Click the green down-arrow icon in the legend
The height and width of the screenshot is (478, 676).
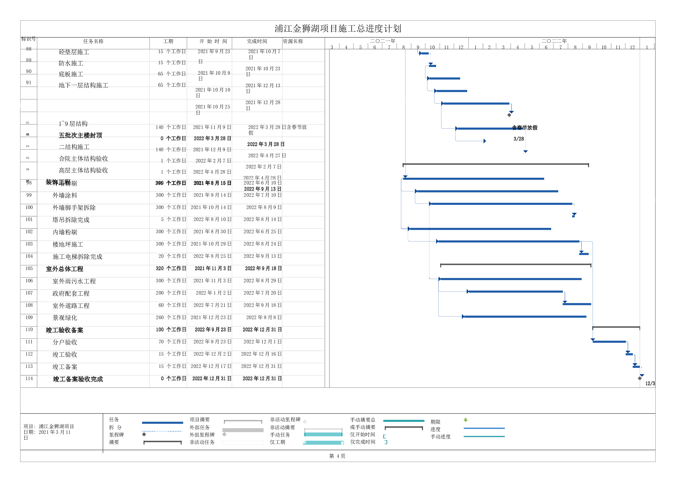tap(466, 420)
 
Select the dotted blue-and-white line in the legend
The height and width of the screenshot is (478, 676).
tap(162, 431)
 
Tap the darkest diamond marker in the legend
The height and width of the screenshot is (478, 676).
tap(144, 434)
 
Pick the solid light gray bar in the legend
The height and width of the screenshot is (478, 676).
tap(243, 430)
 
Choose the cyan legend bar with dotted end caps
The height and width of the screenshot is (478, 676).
tap(323, 442)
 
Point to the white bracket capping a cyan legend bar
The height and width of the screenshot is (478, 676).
tap(323, 429)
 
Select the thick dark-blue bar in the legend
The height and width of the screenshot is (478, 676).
tap(162, 423)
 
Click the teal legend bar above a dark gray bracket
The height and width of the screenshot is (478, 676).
tap(404, 421)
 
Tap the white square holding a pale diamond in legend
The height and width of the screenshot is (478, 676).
tap(305, 422)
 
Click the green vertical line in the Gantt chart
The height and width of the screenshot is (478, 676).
tap(329, 218)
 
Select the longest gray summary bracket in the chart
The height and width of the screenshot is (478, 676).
tap(496, 164)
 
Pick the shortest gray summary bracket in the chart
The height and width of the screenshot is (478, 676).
tap(616, 327)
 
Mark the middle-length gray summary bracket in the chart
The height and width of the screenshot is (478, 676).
tap(515, 265)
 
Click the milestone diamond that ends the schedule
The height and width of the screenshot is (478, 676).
tap(639, 378)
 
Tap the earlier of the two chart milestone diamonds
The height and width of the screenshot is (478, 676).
tap(509, 115)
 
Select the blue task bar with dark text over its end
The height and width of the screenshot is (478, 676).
tap(489, 129)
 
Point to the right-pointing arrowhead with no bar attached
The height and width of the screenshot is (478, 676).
tap(485, 141)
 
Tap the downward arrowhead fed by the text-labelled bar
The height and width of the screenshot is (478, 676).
tap(525, 152)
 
